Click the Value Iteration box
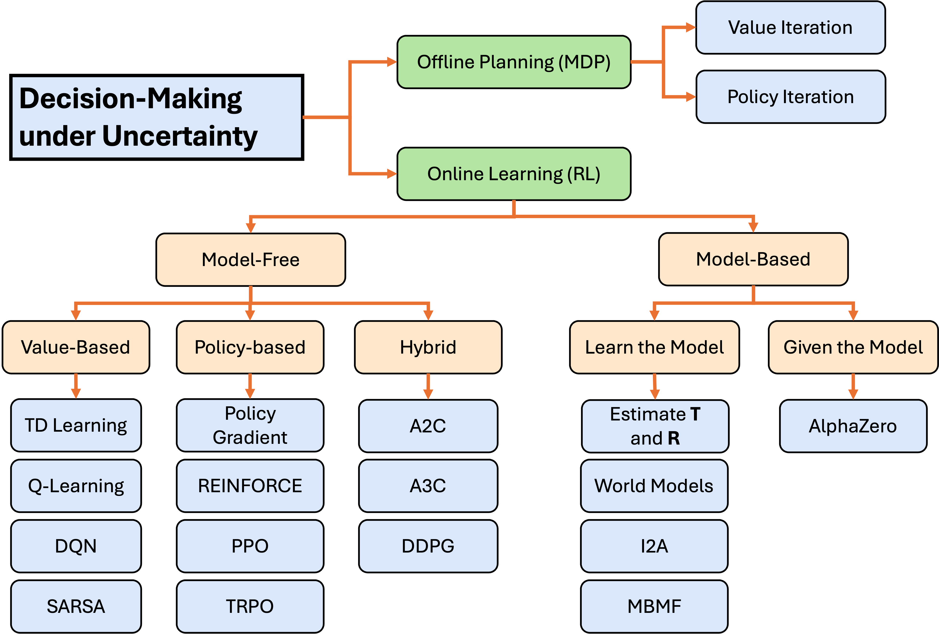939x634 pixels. tap(790, 27)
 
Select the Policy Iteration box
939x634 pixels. tap(790, 97)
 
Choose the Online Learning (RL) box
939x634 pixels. tap(513, 174)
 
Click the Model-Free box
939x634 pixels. tap(251, 260)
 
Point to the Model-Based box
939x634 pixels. tap(753, 259)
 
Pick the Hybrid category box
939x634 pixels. tap(428, 347)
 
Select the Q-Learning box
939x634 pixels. tap(76, 486)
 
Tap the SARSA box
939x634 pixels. tap(76, 606)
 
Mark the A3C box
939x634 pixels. tap(428, 486)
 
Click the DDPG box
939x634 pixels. tap(428, 546)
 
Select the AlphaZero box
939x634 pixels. tap(853, 426)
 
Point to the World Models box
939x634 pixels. tap(654, 486)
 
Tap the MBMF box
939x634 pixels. tap(654, 606)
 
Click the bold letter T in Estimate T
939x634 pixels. tap(695, 414)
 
